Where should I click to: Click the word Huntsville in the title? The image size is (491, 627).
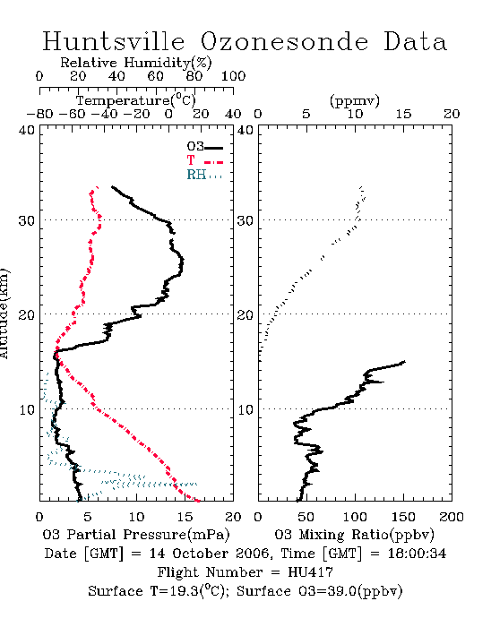tap(114, 41)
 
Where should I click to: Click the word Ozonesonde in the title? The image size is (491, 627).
tap(283, 41)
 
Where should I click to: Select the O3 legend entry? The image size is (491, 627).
tap(204, 147)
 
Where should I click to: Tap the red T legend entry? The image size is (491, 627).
tap(204, 160)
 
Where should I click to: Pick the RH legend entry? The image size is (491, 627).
tap(204, 175)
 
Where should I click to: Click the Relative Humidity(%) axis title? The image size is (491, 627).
tap(136, 63)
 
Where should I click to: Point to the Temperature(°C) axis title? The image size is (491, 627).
tap(136, 100)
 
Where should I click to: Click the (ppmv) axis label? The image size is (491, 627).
tap(355, 100)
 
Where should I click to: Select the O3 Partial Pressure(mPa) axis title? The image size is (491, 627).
tap(136, 535)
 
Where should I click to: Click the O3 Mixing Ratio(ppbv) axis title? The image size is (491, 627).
tap(354, 535)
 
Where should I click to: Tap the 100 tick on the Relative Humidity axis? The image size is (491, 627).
tap(233, 76)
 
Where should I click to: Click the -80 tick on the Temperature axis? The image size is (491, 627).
tap(39, 115)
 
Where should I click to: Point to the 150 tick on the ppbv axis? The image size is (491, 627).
tap(403, 517)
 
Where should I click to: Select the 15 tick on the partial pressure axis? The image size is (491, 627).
tap(185, 517)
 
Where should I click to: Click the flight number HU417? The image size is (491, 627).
tap(310, 572)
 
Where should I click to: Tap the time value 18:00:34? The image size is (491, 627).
tap(417, 554)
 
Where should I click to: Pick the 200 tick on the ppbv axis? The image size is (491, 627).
tap(452, 517)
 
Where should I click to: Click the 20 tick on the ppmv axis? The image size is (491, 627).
tap(452, 115)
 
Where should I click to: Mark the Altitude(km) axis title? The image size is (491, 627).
tap(4, 313)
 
